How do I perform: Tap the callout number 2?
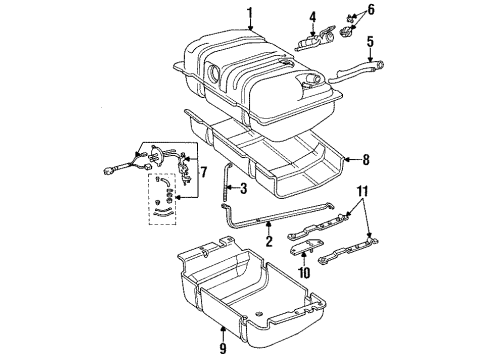click(268, 241)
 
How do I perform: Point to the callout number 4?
click(311, 17)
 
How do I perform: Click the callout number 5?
click(369, 43)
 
